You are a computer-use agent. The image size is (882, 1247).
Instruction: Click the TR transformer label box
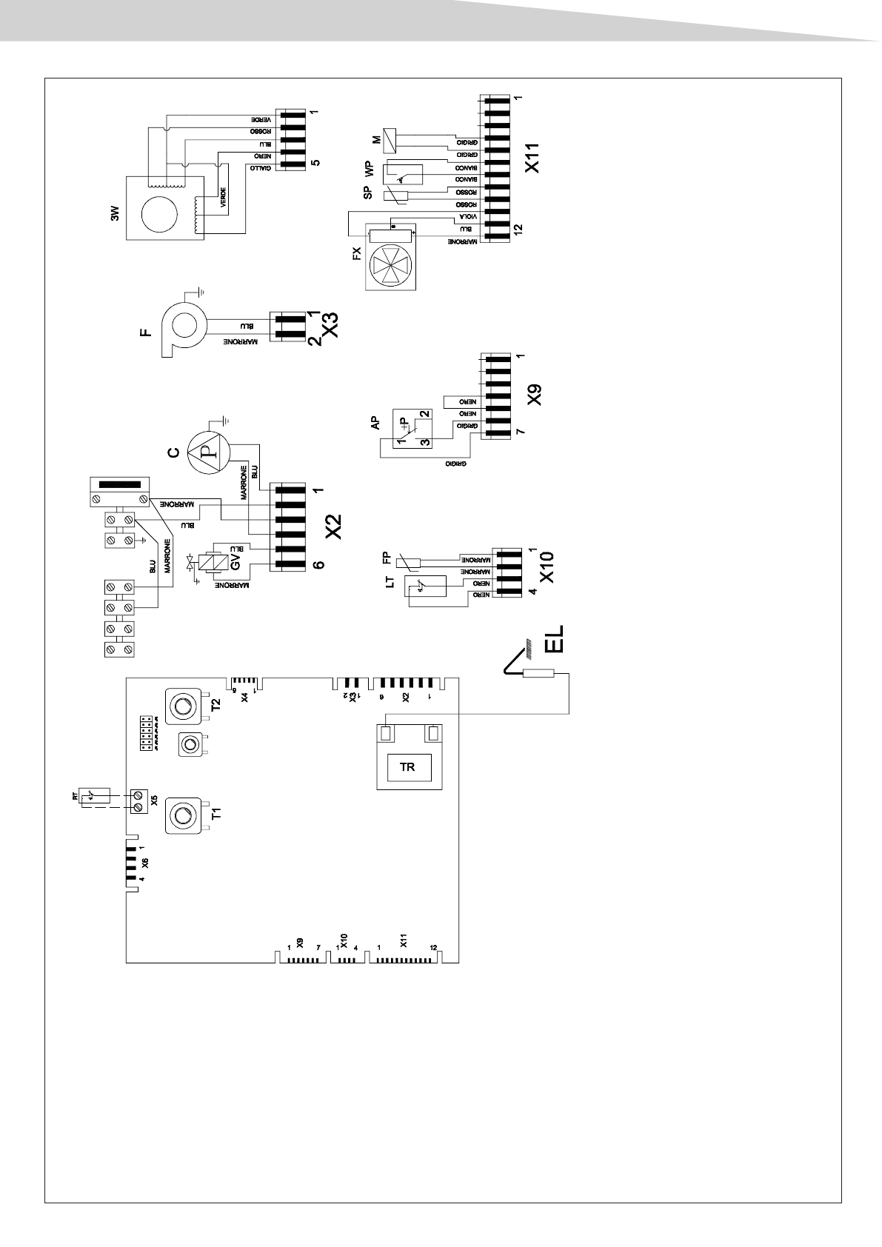click(x=407, y=767)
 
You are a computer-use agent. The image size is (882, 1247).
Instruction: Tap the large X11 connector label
click(x=532, y=158)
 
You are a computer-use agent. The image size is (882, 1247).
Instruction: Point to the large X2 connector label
click(x=334, y=524)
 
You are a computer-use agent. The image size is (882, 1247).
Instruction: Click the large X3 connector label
click(x=331, y=325)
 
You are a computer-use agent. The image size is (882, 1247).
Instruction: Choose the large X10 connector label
click(x=547, y=566)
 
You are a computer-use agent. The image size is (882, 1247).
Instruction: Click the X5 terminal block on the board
click(x=138, y=800)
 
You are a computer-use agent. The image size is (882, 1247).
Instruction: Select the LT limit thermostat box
click(x=425, y=588)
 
